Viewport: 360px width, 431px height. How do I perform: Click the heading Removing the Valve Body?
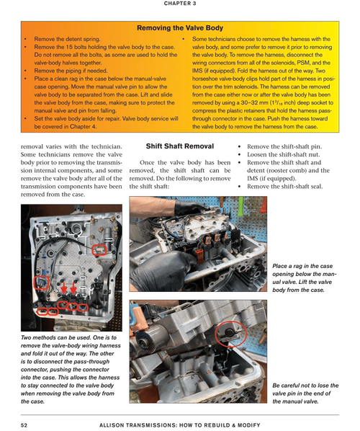(x=180, y=28)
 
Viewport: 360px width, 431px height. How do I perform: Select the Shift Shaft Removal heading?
(x=180, y=146)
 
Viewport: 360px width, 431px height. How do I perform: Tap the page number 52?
(x=24, y=425)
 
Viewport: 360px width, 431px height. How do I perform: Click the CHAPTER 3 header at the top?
(x=180, y=4)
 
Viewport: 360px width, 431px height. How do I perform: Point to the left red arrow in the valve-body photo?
(x=63, y=288)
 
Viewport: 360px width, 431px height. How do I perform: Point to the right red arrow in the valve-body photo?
(x=73, y=288)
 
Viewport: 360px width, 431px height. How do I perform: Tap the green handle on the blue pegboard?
(x=240, y=206)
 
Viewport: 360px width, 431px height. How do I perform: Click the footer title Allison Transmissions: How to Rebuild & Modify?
(x=179, y=425)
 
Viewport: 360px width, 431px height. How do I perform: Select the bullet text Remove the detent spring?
(x=67, y=39)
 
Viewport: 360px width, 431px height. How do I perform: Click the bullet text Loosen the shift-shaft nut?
(x=284, y=154)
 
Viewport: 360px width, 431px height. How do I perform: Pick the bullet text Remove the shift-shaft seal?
(x=284, y=187)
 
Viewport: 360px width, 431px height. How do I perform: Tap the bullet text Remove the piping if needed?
(x=71, y=71)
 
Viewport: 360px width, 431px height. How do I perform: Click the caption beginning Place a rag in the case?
(x=305, y=278)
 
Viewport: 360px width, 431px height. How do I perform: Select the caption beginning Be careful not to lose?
(x=305, y=394)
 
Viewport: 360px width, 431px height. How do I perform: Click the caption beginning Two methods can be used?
(x=71, y=370)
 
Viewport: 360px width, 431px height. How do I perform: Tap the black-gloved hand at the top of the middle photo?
(x=189, y=208)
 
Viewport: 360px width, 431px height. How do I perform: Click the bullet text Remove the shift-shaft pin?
(x=284, y=146)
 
